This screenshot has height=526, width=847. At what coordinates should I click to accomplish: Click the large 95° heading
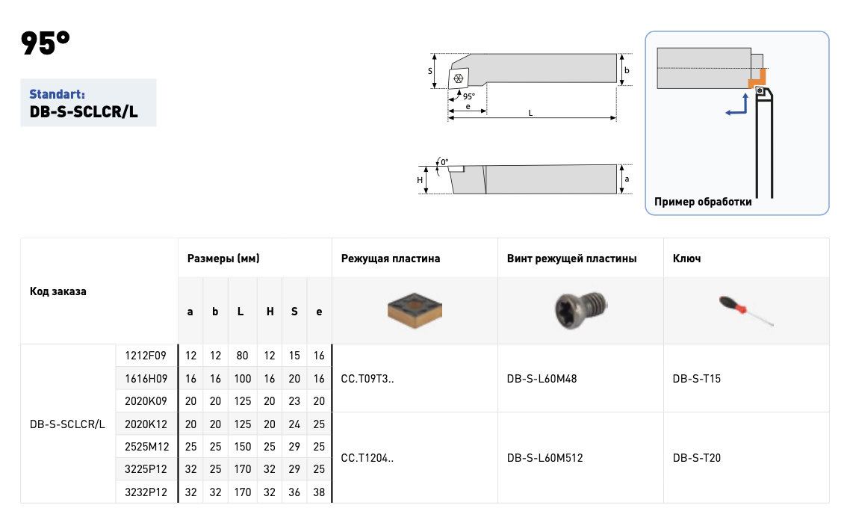[46, 43]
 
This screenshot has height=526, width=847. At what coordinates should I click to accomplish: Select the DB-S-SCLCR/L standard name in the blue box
[84, 112]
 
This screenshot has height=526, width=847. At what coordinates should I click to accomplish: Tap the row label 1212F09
[146, 356]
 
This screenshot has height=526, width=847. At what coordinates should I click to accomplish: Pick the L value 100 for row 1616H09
[243, 379]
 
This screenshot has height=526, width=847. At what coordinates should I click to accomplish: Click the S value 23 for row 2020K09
[294, 401]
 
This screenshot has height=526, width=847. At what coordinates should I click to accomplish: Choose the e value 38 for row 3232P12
[319, 492]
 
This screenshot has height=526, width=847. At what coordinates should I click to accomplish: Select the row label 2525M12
[147, 447]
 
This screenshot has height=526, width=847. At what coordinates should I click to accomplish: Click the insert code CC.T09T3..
[367, 379]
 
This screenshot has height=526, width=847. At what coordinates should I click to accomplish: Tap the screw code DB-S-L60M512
[545, 458]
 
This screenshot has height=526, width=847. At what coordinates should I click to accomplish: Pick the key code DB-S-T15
[697, 379]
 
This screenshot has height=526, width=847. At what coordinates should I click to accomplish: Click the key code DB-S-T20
[697, 458]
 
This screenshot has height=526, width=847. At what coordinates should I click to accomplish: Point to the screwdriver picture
[746, 311]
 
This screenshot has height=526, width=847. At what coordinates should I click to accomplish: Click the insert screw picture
[580, 310]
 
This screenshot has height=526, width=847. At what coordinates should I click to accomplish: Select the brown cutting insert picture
[415, 311]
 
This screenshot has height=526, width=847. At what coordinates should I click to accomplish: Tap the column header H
[270, 312]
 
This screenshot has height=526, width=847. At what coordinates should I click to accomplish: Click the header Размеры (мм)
[223, 259]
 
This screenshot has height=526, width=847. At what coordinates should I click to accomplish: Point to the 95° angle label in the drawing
[469, 96]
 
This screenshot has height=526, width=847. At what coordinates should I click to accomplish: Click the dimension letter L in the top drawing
[530, 113]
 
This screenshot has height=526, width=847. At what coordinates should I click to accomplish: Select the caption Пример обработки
[703, 202]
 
